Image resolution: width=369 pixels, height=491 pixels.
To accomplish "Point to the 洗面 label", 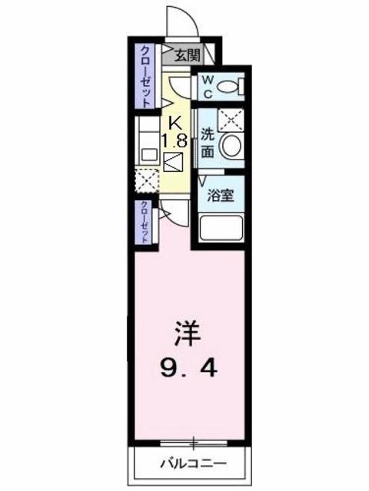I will pos(208,142).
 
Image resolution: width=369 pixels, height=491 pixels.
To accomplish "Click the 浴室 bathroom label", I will pos(221,195).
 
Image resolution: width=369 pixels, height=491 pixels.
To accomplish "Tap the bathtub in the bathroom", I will pos(221,229).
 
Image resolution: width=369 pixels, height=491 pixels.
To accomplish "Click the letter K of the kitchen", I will pos(175,120).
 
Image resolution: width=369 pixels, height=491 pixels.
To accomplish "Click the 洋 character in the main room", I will pos(189,335).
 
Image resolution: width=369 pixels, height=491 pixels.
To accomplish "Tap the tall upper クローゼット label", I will pos(144,75).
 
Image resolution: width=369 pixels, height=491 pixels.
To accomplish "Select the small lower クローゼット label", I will pos(144,222).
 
